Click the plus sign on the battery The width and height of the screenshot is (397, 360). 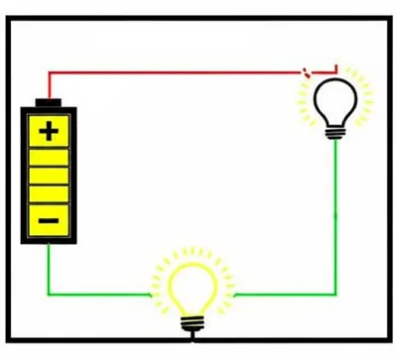49,130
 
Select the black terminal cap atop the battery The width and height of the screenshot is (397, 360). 49,103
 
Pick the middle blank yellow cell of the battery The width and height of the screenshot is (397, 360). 49,175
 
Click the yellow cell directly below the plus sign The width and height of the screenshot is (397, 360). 49,154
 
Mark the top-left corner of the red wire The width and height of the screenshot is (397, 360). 49,71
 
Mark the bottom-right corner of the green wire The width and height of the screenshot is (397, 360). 335,295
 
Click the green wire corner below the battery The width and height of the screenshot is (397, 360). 49,295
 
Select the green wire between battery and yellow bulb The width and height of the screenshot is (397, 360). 99,295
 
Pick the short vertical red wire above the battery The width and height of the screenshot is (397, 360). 49,84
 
